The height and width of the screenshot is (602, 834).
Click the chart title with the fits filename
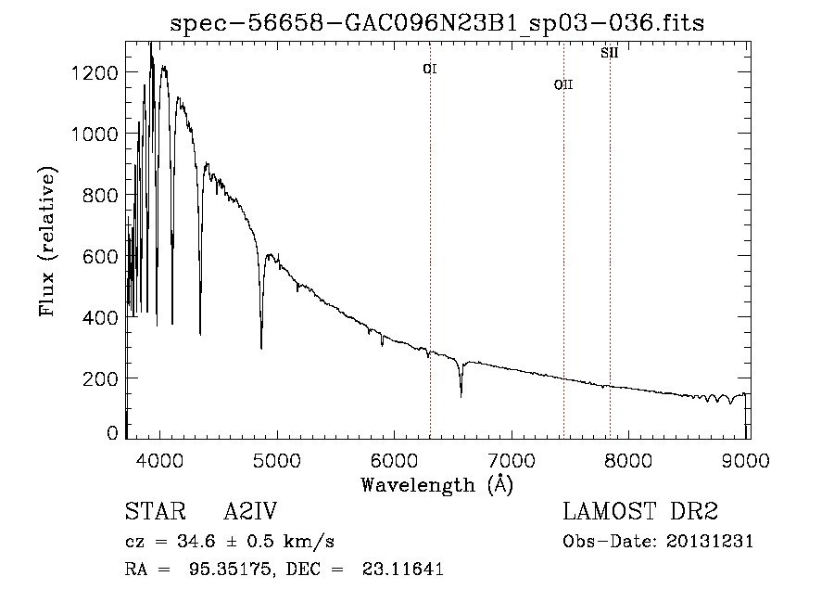pyautogui.click(x=437, y=24)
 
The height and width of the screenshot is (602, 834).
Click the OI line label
pyautogui.click(x=430, y=69)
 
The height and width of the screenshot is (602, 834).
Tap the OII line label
pyautogui.click(x=563, y=84)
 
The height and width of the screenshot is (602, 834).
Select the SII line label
pyautogui.click(x=609, y=53)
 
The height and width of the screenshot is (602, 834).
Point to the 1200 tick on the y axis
pyautogui.click(x=95, y=72)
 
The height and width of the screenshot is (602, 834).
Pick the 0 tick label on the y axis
pyautogui.click(x=112, y=433)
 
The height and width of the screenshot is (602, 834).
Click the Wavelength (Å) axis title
pyautogui.click(x=437, y=483)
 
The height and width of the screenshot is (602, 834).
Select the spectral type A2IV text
pyautogui.click(x=250, y=512)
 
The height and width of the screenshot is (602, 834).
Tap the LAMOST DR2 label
pyautogui.click(x=640, y=512)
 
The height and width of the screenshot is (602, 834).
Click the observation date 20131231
pyautogui.click(x=710, y=542)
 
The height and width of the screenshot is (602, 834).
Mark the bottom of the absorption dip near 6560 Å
pyautogui.click(x=461, y=396)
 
